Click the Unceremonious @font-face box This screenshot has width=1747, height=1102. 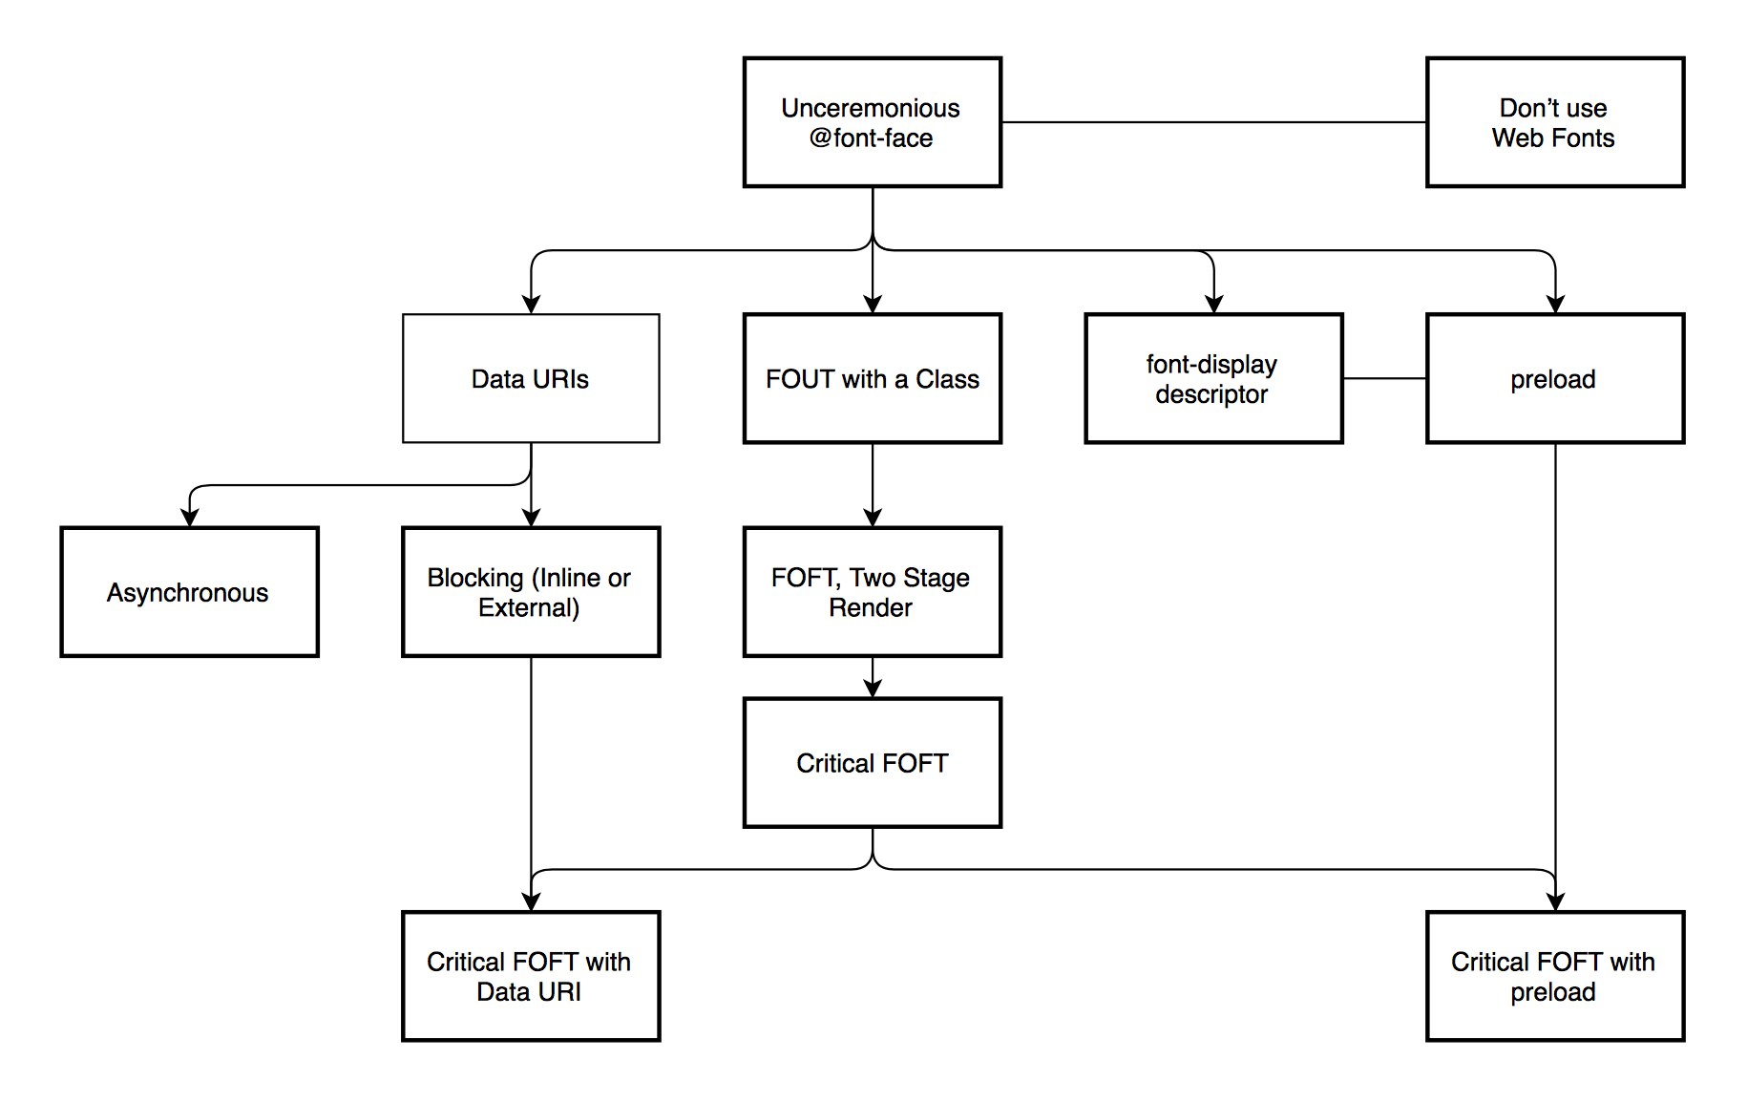click(x=873, y=122)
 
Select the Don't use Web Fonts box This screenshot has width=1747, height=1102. click(x=1555, y=122)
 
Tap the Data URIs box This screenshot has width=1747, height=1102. click(x=531, y=378)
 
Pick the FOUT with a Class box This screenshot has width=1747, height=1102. click(x=873, y=378)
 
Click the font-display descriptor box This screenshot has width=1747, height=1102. click(x=1213, y=378)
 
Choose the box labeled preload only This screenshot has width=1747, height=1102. click(x=1555, y=378)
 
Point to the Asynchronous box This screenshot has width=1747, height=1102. click(x=189, y=592)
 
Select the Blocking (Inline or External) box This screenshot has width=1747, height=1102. click(x=531, y=592)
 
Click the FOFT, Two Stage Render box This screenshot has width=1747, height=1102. click(x=873, y=592)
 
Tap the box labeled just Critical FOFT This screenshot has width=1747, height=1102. click(x=873, y=763)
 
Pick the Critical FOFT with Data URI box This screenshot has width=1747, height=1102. click(x=531, y=976)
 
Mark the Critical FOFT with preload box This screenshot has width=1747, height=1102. click(x=1555, y=976)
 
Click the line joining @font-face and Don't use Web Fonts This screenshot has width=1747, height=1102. click(x=1213, y=122)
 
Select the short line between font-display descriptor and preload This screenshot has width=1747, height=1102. click(x=1384, y=378)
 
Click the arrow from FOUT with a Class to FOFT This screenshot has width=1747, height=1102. click(x=873, y=485)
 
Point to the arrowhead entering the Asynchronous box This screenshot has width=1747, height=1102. click(x=189, y=518)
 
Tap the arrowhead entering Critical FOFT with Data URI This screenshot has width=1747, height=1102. click(x=531, y=901)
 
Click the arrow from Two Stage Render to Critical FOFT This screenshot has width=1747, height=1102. click(x=873, y=677)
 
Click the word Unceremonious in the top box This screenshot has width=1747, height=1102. click(x=871, y=108)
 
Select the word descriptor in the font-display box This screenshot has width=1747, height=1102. click(x=1211, y=394)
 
